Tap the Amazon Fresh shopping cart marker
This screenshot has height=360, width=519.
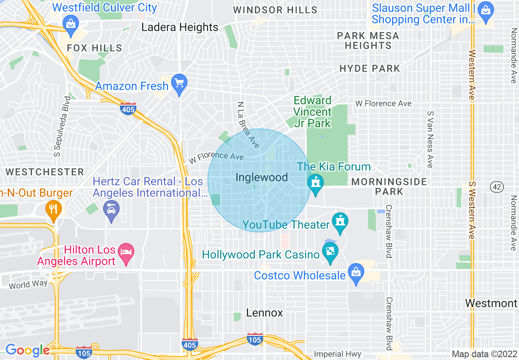click(179, 83)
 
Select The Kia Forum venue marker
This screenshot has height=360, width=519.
click(315, 183)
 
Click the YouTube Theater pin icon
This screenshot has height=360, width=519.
click(340, 221)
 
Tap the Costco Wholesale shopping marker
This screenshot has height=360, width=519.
click(356, 272)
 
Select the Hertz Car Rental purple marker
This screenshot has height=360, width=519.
click(111, 209)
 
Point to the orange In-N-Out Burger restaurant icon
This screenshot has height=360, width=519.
click(54, 209)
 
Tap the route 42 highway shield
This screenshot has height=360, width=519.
click(496, 187)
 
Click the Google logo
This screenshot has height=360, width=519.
click(27, 350)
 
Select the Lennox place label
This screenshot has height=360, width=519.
click(264, 313)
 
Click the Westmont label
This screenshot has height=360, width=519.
click(491, 303)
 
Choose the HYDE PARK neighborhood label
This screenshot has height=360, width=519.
click(370, 68)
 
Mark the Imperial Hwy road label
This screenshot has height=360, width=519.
click(338, 354)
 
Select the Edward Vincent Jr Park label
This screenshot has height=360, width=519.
click(313, 112)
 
